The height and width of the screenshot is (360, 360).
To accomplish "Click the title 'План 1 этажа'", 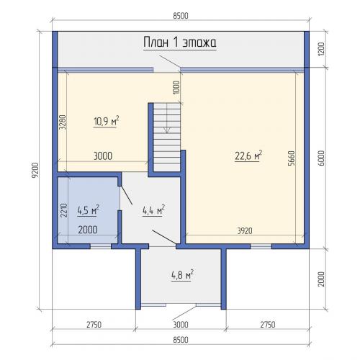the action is tap(180, 42).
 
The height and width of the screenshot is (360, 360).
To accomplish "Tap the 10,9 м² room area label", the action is tap(106, 121).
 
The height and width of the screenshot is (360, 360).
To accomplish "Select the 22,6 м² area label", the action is tap(248, 156).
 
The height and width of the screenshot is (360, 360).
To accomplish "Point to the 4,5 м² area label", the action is tap(88, 210).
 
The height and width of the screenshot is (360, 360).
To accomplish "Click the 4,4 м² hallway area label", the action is tap(153, 210).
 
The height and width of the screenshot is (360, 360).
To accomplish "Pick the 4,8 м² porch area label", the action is tap(182, 275).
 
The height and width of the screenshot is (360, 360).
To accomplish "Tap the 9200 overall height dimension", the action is tap(35, 171).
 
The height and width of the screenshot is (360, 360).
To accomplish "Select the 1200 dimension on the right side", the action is tap(321, 49).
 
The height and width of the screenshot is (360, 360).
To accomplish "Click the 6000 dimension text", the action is tap(321, 158).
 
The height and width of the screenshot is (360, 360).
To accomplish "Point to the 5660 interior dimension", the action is tap(291, 158).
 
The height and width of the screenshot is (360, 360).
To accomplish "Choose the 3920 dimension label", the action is tap(245, 231).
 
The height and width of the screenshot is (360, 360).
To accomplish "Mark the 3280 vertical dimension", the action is tap(63, 122).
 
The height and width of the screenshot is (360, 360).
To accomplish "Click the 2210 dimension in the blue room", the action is tap(64, 210).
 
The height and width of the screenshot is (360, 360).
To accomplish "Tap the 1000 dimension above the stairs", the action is tap(176, 88).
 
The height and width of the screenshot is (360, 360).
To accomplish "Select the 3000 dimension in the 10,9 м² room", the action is tap(103, 156).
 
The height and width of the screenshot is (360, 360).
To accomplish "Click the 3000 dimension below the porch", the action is tap(181, 325).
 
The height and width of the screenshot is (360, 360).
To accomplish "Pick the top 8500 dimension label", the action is tap(181, 16).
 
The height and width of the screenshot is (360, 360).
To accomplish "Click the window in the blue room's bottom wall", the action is tap(101, 246).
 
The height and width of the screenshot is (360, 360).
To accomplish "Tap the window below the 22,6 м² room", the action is tap(261, 246).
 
